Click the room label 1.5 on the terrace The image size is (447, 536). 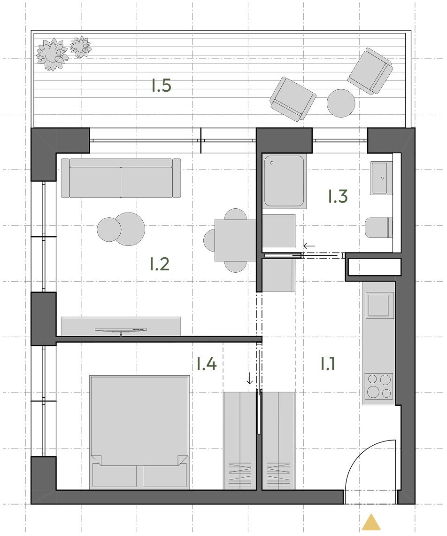click(161, 86)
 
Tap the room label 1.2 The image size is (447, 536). click(160, 264)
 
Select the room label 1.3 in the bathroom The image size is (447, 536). click(338, 196)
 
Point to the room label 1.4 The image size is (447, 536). click(207, 364)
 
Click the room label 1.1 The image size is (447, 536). click(328, 364)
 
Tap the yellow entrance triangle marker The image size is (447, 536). click(371, 522)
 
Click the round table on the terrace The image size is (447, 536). click(341, 103)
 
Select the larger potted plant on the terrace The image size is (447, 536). click(52, 55)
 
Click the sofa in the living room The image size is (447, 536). click(121, 178)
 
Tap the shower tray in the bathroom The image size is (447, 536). click(284, 181)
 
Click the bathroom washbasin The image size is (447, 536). click(381, 178)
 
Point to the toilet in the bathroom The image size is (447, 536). click(379, 227)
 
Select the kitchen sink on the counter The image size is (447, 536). click(379, 305)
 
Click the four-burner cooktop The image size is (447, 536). click(379, 386)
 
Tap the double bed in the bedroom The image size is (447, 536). click(139, 432)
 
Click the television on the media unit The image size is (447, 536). click(121, 331)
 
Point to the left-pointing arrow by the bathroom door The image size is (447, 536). click(309, 246)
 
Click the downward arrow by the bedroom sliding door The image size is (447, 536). click(250, 378)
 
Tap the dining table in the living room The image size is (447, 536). click(236, 240)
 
